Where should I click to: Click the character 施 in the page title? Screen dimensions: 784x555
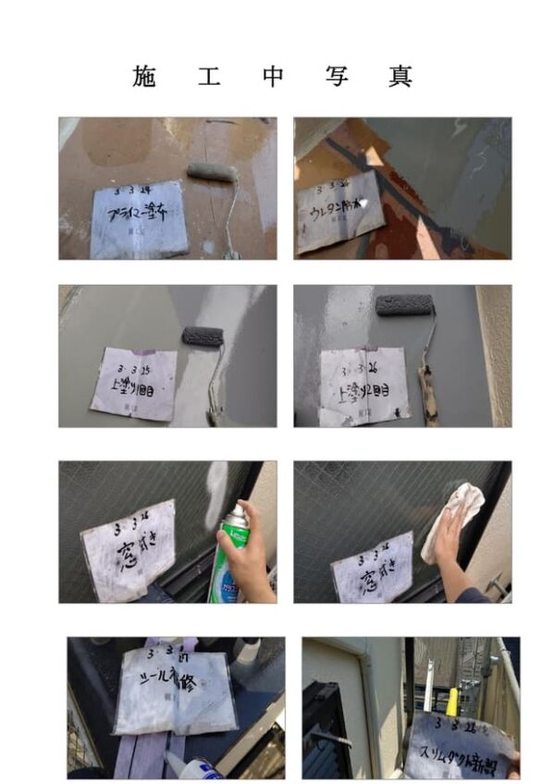pos(145,77)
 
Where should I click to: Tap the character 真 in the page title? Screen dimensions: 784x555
pos(401,77)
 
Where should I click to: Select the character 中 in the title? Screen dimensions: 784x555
pos(273,77)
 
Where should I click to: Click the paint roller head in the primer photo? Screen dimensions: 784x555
pos(212,171)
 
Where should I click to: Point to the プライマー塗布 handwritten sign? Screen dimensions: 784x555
pos(139,219)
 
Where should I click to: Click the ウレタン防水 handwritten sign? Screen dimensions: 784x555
pos(339,210)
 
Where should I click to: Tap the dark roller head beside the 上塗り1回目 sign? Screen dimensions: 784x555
pos(203,337)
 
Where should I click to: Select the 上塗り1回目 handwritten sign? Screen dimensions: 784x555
pos(134,383)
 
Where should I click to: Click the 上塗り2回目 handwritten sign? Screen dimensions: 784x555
pos(364,386)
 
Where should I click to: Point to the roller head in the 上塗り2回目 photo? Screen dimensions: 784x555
pos(404,305)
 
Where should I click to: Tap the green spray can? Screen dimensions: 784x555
pos(228,559)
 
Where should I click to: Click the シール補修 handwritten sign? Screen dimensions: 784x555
pos(175,689)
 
